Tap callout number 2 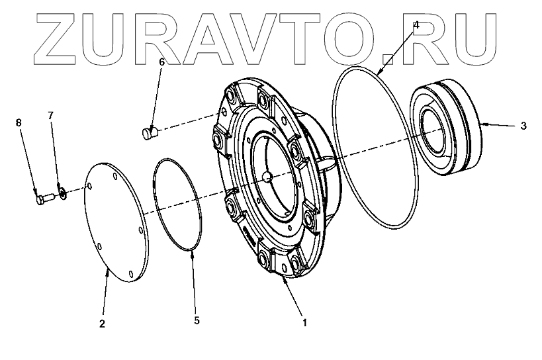click(101, 324)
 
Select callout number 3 click(523, 125)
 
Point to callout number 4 click(416, 25)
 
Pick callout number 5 click(197, 321)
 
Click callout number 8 click(19, 122)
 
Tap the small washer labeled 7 click(62, 193)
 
